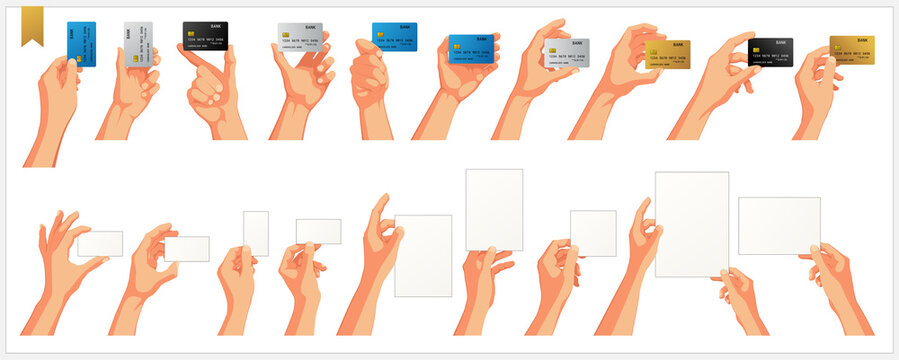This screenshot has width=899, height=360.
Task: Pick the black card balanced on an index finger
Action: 205,35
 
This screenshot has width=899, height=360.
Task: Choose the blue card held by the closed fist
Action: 395,37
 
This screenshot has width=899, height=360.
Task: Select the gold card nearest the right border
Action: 852,49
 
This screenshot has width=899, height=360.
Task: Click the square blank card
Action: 593,232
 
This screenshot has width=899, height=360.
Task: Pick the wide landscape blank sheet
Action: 779,225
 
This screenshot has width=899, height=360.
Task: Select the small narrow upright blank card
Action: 256,233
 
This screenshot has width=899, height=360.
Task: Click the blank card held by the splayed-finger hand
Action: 100,243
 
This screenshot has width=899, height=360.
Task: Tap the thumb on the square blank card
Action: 569,251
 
